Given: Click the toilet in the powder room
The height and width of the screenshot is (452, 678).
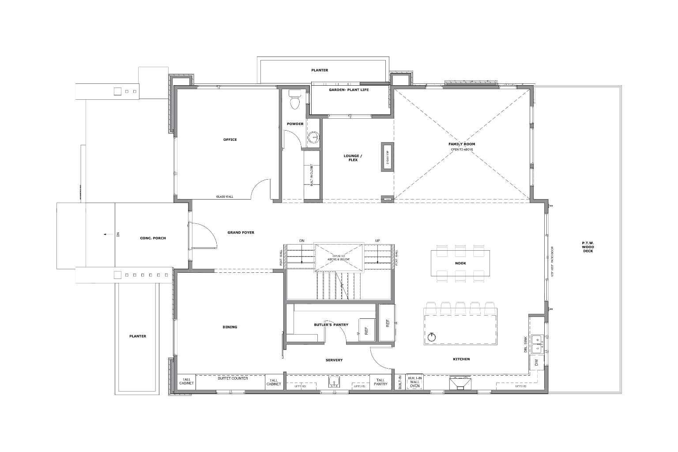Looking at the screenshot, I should [x=294, y=100].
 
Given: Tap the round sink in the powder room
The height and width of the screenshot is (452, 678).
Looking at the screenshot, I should [x=314, y=137].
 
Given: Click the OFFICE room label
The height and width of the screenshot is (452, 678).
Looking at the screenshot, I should [x=230, y=139].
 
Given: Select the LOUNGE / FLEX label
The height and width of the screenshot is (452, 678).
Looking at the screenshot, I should [x=353, y=158].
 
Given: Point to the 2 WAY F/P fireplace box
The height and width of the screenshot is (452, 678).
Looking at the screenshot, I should [x=388, y=157].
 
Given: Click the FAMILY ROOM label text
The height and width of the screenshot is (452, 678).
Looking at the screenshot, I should [x=462, y=144].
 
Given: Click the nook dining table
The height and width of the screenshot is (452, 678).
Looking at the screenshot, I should [x=460, y=263].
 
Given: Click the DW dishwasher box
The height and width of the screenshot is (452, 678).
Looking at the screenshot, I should [x=536, y=362].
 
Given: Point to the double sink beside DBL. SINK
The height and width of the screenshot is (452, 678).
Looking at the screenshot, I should [x=536, y=344].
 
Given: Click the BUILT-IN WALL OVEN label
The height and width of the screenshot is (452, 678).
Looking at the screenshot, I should [x=414, y=382].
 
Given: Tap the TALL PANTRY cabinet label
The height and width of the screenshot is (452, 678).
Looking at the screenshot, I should [x=380, y=382].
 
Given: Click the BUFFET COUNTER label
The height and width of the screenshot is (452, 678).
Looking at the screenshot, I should [x=233, y=378].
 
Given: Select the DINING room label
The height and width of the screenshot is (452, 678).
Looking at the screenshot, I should [x=230, y=327].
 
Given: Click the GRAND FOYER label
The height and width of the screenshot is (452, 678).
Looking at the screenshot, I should [x=241, y=232].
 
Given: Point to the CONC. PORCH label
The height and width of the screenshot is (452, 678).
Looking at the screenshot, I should [x=153, y=238].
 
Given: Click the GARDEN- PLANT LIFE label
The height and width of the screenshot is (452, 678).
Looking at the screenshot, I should [x=349, y=90].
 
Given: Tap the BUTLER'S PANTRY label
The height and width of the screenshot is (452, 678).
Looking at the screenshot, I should [x=331, y=324].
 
